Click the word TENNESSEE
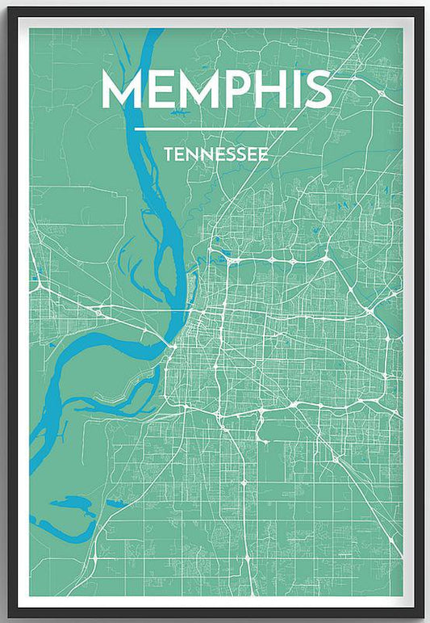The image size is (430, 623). tap(215, 154)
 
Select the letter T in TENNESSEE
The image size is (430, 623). tap(167, 154)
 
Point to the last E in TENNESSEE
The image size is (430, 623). tap(264, 154)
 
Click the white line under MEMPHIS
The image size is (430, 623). tap(215, 128)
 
